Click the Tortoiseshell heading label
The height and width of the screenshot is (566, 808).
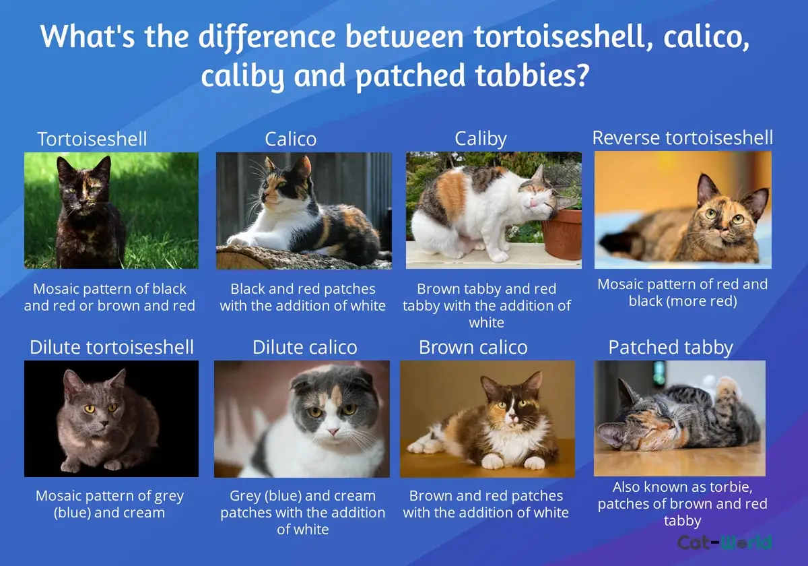tap(92, 139)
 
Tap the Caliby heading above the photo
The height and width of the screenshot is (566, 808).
tap(481, 139)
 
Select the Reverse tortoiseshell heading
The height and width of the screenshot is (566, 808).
tap(683, 137)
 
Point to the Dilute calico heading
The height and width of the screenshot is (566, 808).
tap(305, 347)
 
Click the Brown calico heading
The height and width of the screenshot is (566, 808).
tap(473, 347)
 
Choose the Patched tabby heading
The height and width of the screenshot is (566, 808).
tap(671, 348)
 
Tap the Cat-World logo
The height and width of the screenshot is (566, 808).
tap(725, 542)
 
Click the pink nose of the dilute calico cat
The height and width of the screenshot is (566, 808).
tap(333, 431)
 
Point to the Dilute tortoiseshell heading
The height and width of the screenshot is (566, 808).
tap(112, 347)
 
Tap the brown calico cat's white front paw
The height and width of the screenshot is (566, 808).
tap(492, 462)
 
